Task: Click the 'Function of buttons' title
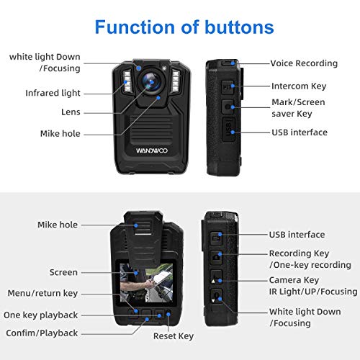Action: [184, 27]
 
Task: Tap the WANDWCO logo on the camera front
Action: [152, 150]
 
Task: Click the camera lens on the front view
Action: [151, 81]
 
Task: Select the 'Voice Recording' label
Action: [304, 63]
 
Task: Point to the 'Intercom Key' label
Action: [299, 86]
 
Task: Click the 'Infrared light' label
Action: [53, 93]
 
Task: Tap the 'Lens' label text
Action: [71, 112]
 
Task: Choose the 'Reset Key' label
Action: [174, 336]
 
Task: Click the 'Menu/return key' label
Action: [42, 293]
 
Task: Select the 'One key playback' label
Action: [40, 315]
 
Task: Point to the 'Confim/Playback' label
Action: [42, 333]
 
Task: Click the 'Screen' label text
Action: [63, 272]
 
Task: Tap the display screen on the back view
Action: [146, 283]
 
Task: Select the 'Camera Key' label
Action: [294, 280]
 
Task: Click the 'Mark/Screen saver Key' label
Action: [298, 108]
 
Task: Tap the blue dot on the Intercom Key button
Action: [233, 86]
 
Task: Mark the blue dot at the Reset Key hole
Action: [168, 314]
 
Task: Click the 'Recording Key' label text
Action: [299, 253]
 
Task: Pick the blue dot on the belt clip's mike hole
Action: [136, 225]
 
